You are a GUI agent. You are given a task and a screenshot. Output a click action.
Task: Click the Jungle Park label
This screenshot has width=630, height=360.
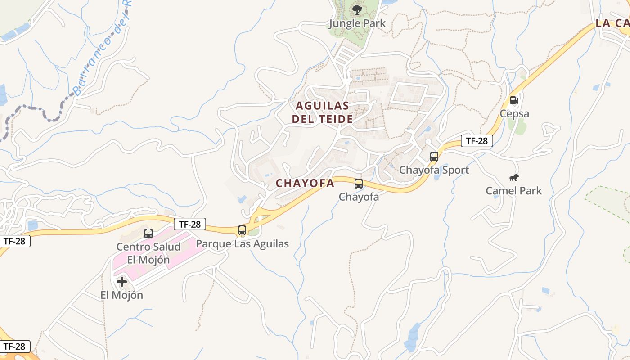coord(357,23)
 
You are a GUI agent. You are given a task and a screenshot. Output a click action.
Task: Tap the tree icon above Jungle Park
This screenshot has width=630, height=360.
coord(357,9)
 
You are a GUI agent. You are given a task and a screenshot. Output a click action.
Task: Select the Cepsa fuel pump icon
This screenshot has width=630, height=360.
coord(514,100)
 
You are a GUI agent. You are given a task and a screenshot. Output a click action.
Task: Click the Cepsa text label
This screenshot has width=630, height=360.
coord(514,114)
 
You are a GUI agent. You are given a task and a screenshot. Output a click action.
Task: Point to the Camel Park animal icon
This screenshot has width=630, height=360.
coord(514,178)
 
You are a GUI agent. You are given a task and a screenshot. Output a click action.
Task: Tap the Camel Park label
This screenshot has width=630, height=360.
coord(513,191)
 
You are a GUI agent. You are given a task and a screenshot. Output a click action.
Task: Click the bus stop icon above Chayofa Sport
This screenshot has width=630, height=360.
coord(434,157)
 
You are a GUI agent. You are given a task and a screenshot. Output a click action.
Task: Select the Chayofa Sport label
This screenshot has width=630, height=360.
coord(434,170)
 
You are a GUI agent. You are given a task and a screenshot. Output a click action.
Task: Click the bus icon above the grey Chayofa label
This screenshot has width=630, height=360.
coord(359,184)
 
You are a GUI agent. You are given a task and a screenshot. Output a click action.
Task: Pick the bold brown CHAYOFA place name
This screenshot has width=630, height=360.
coord(305,183)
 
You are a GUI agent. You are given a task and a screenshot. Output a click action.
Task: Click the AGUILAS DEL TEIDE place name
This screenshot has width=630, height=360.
coord(322,112)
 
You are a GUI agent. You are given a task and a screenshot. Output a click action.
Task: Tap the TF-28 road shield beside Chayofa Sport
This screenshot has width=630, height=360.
coord(477,141)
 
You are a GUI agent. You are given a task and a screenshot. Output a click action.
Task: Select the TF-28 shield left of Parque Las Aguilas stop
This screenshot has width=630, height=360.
coord(190,224)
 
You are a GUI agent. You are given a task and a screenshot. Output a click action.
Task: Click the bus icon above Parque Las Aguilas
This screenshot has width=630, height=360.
coord(242,230)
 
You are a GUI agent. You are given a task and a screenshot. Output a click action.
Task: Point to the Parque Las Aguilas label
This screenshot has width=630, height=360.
coord(243,244)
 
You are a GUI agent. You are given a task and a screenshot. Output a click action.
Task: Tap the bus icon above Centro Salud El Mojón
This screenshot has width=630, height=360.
coord(148,234)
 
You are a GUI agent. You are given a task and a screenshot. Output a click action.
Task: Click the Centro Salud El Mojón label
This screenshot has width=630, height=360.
coord(148,253)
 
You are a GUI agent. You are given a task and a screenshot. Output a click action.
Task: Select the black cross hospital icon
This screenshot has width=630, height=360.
coord(122,282)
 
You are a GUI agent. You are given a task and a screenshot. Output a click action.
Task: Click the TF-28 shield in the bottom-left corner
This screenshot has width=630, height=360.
coord(15,346)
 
